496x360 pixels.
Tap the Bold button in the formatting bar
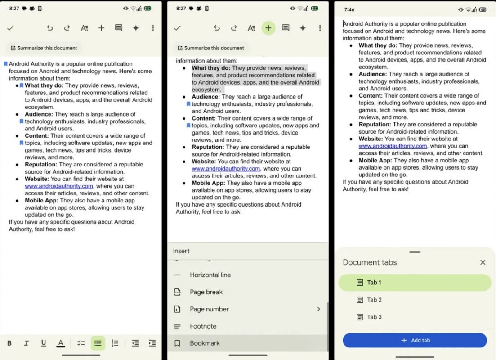click(x=9, y=343)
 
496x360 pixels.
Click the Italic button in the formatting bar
click(x=26, y=343)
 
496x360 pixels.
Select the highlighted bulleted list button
click(x=98, y=343)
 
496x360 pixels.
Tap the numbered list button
click(x=115, y=343)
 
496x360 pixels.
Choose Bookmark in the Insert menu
click(x=205, y=343)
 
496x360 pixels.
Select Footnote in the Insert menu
click(x=203, y=326)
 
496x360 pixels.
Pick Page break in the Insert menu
click(x=206, y=292)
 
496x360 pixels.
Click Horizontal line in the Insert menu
click(x=210, y=275)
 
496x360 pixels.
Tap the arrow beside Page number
click(x=318, y=309)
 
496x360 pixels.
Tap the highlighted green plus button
click(x=268, y=28)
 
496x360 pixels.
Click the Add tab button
click(x=415, y=341)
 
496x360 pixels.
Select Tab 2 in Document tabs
click(x=374, y=300)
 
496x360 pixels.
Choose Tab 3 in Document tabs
click(x=374, y=317)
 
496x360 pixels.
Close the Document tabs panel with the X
click(x=483, y=262)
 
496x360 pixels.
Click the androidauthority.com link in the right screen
click(x=393, y=146)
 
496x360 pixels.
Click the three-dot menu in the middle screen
click(x=320, y=28)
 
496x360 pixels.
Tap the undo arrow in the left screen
click(x=50, y=28)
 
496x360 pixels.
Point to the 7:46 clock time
click(x=349, y=9)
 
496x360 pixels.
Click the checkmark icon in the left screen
click(x=10, y=28)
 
